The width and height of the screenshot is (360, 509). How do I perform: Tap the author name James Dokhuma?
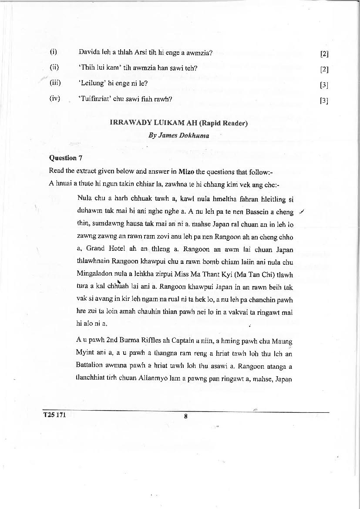(x=178, y=135)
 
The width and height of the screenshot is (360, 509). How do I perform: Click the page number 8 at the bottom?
(x=185, y=416)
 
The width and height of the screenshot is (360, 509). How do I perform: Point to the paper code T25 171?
(x=54, y=415)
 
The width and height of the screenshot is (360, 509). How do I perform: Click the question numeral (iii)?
(x=55, y=83)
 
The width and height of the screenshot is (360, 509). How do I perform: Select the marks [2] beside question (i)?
(x=324, y=54)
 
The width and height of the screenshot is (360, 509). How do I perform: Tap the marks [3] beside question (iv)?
(x=324, y=101)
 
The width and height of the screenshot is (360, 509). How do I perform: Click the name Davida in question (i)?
(x=88, y=53)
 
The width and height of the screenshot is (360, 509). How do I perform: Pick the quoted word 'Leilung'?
(x=91, y=83)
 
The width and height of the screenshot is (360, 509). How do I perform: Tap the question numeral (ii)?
(x=54, y=67)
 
